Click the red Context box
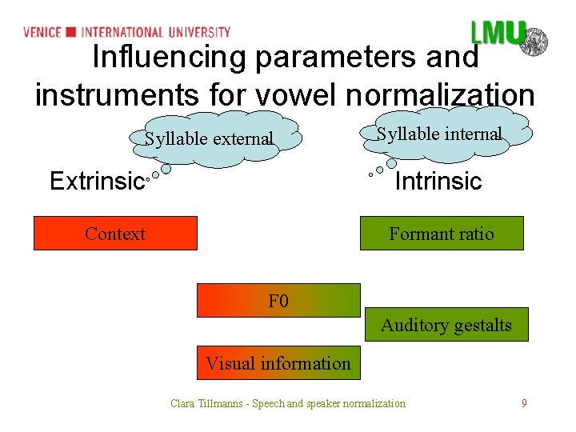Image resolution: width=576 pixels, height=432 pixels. point(115,234)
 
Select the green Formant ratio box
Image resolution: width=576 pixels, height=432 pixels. point(442,234)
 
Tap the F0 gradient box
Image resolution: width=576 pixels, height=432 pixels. point(278,301)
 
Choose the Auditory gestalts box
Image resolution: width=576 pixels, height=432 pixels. point(446,325)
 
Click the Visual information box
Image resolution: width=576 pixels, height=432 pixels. point(278,363)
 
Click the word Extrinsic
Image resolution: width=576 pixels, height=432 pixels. point(96,182)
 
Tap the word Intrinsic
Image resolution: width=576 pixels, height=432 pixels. point(438,182)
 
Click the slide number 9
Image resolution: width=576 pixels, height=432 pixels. point(524,403)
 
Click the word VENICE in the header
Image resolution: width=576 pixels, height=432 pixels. point(42,32)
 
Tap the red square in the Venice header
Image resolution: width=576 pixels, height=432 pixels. point(70,32)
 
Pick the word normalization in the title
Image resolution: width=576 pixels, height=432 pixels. point(449,95)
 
